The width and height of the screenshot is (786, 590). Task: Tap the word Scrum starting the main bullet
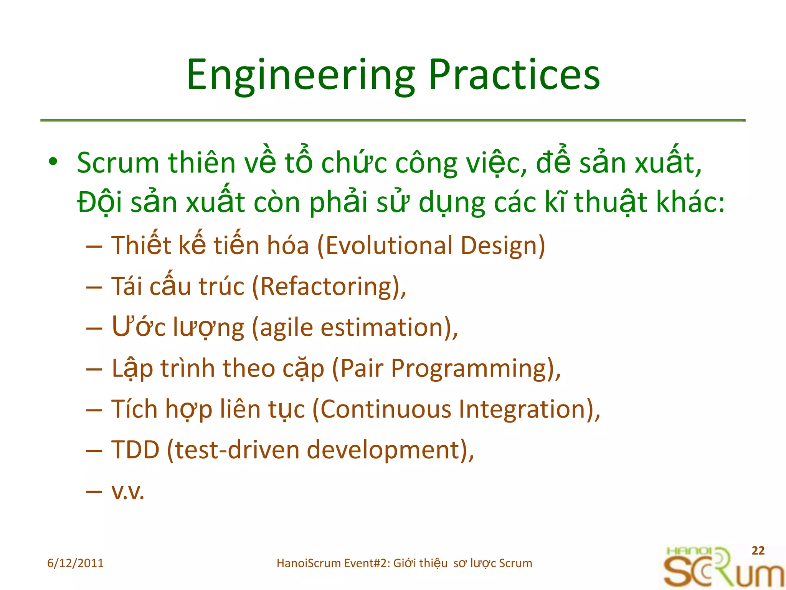118,163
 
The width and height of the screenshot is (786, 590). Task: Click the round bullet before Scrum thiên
53,162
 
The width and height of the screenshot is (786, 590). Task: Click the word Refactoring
328,287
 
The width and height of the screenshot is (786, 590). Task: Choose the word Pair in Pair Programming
362,368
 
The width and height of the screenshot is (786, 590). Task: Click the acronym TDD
135,450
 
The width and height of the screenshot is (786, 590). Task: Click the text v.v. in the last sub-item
128,492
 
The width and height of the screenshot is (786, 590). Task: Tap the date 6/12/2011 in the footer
75,563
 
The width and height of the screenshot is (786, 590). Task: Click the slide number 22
758,550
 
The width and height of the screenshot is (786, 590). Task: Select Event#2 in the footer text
367,563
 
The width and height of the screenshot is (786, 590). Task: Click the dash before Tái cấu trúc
94,287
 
